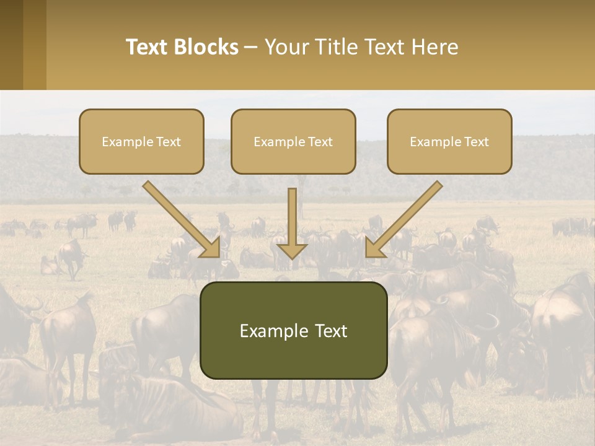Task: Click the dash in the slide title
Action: coord(251,48)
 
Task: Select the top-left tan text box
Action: coord(141,141)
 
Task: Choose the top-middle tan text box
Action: coord(293,141)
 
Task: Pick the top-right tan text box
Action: coord(449,141)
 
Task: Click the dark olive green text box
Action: coord(293,330)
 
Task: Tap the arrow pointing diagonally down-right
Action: coord(183,219)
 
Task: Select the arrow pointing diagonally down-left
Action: coord(403,219)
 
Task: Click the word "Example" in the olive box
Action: coord(270,331)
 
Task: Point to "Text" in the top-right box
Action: coord(477,142)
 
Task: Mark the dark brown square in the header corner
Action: coord(12,45)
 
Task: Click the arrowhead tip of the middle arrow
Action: coord(292,258)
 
